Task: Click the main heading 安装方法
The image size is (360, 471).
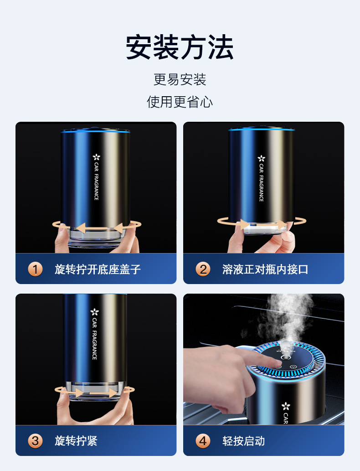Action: (180, 47)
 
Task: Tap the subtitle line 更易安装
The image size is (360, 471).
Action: (180, 80)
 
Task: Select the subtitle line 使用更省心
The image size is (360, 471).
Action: (180, 102)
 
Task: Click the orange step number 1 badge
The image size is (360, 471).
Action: (35, 269)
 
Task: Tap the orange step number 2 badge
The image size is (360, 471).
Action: (203, 269)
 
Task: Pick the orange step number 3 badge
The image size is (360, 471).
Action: (35, 441)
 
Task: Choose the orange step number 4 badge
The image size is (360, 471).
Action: (203, 441)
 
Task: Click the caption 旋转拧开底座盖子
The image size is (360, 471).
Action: (98, 269)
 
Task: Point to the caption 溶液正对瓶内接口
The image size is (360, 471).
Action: (265, 269)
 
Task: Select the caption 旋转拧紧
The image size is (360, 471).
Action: (76, 441)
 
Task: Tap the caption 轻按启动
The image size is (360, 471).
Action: (244, 441)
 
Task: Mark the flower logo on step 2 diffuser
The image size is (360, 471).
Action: (261, 158)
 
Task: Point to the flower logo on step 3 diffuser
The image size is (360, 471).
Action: (94, 312)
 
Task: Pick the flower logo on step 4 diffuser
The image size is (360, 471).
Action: (286, 405)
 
